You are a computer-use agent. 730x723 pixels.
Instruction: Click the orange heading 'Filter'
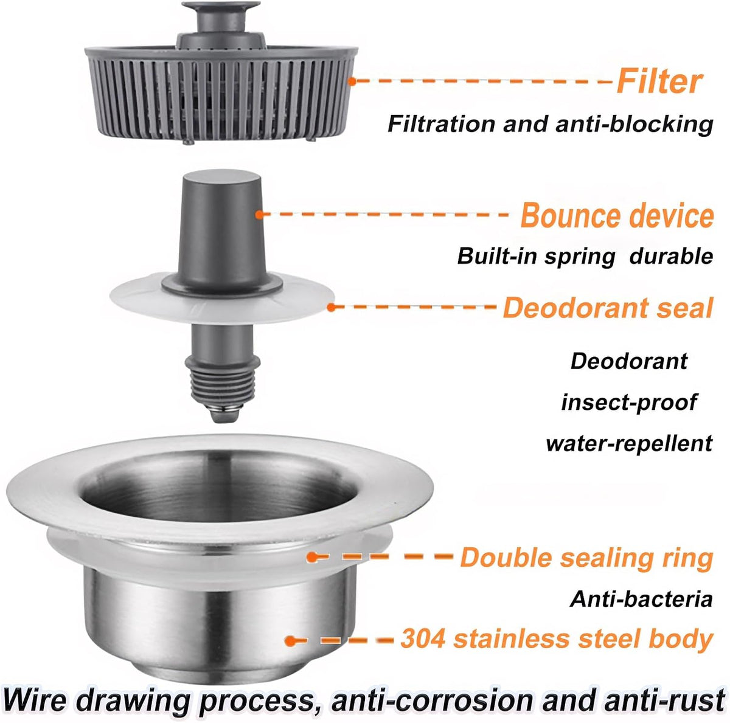pos(659,81)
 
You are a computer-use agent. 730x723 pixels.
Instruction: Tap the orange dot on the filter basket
pos(352,81)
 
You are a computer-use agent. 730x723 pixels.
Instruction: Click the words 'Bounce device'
pos(617,215)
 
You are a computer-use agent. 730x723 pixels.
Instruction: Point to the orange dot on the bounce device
pos(259,215)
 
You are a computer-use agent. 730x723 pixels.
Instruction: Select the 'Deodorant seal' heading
pos(608,307)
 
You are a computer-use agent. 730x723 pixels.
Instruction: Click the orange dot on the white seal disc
pos(331,307)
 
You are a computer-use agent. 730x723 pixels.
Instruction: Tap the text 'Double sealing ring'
pos(587,558)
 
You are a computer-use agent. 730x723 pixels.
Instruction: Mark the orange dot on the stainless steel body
pos(290,640)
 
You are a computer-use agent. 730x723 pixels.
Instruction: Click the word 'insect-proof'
pos(628,402)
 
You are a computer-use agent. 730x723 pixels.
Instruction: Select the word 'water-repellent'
pos(629,443)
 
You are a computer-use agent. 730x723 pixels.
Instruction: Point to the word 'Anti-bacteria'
pos(641,599)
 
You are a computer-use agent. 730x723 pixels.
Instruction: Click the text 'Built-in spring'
pos(536,257)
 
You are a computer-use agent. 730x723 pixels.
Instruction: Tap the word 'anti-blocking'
pos(634,124)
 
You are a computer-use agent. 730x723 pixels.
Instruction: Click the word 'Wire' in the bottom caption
pos(36,700)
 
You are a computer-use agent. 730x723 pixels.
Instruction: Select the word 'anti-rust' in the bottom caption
pos(664,701)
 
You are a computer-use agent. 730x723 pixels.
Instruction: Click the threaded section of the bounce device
pos(223,383)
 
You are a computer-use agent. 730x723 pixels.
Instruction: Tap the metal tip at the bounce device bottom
pos(224,413)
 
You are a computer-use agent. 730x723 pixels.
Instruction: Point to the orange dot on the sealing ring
pos(312,557)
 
